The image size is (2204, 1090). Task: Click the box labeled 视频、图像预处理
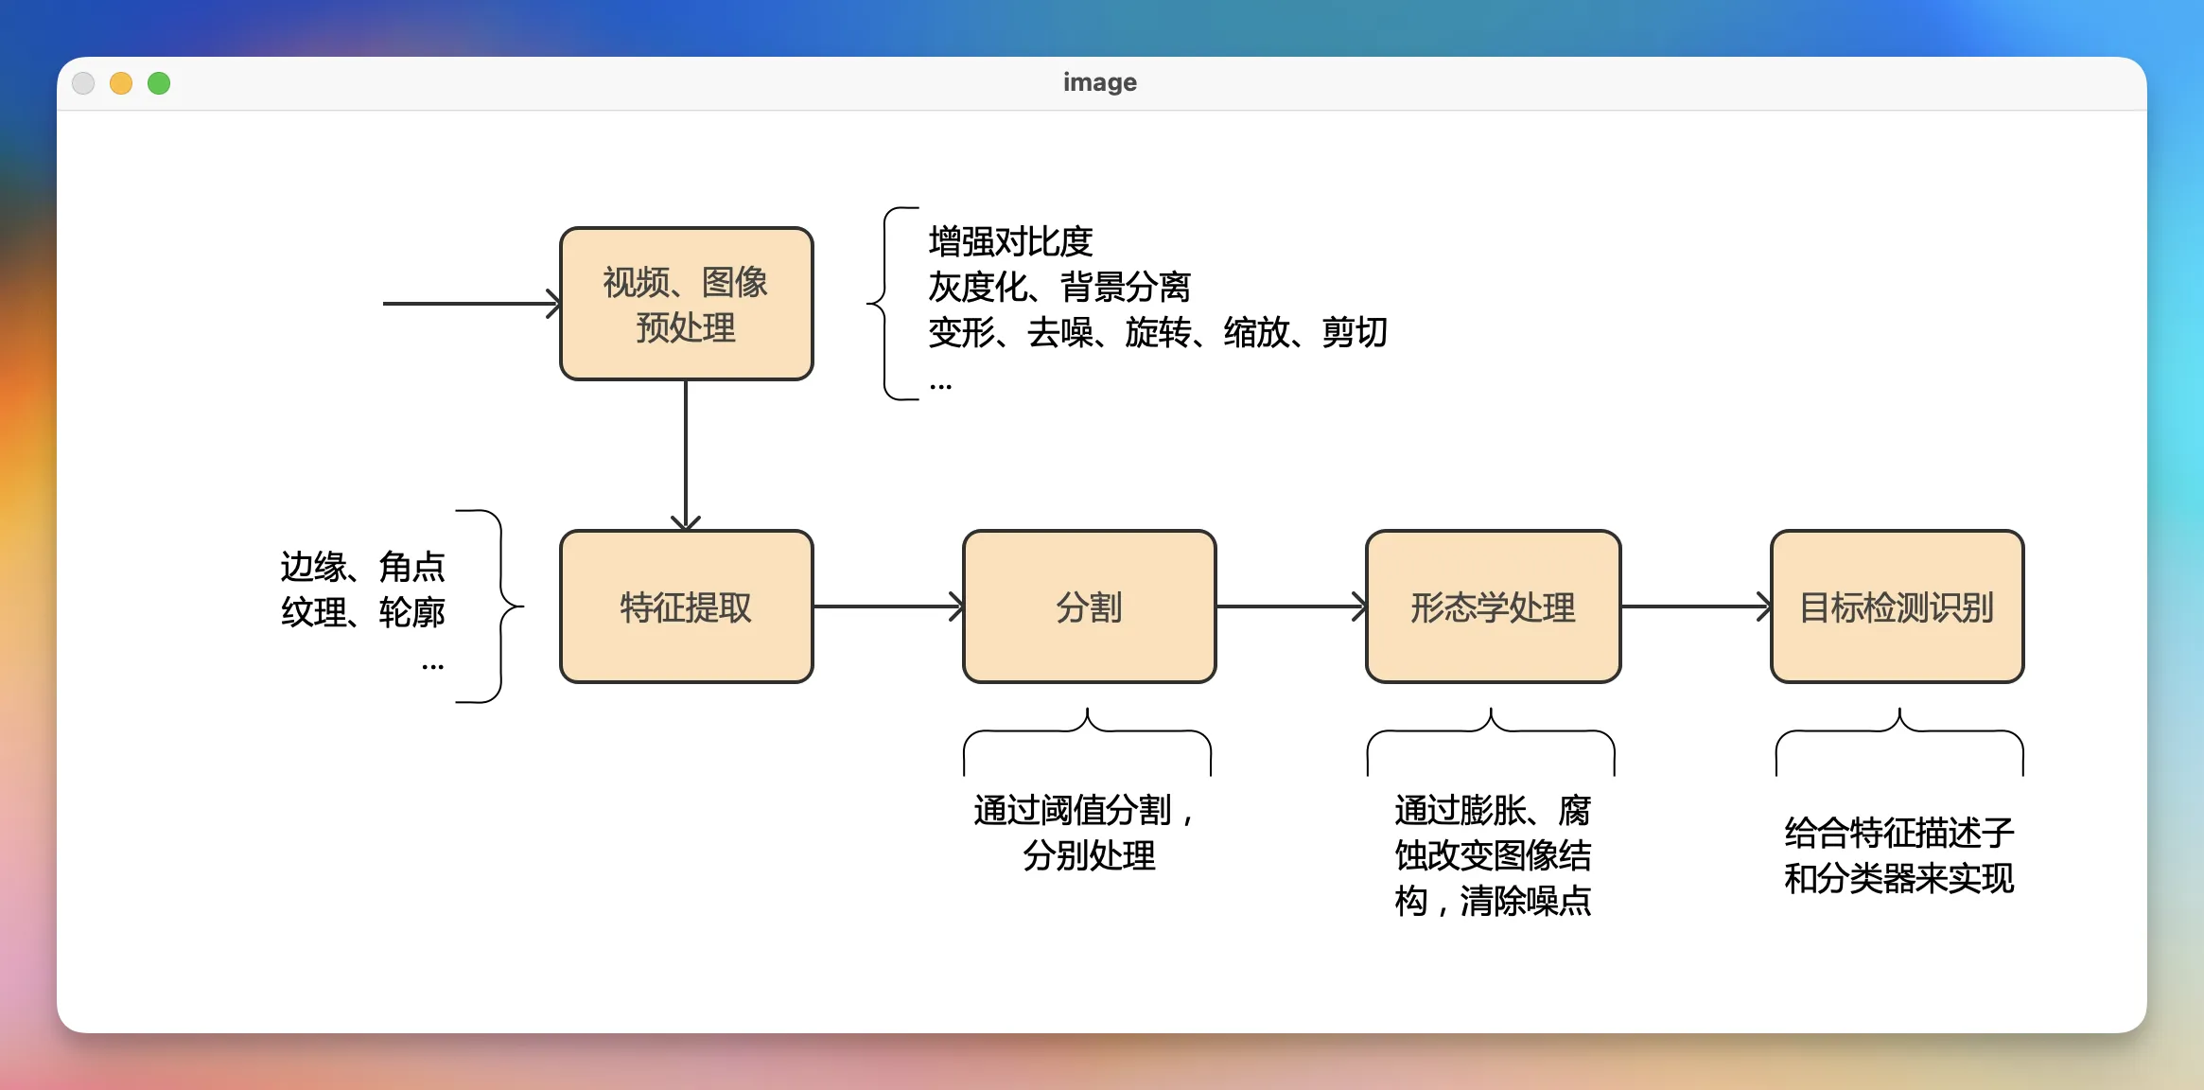click(x=686, y=304)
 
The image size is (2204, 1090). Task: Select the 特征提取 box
click(x=686, y=607)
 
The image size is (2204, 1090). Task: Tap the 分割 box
click(x=1089, y=607)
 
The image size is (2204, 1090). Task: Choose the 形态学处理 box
click(x=1493, y=607)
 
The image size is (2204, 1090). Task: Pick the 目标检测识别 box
click(x=1897, y=607)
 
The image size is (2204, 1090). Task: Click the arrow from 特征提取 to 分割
click(x=887, y=607)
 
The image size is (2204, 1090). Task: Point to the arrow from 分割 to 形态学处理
click(x=1290, y=607)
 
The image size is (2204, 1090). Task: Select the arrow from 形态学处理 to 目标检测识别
click(x=1695, y=607)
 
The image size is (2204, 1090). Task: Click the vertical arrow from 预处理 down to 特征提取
click(x=686, y=454)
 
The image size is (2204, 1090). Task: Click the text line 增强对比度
click(x=1010, y=242)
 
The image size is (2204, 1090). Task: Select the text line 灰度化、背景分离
click(x=1058, y=287)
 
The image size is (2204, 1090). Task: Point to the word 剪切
click(x=1354, y=332)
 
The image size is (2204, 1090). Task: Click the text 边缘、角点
click(x=362, y=567)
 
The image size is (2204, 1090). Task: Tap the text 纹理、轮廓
click(x=362, y=612)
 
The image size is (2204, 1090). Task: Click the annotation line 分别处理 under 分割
click(x=1089, y=855)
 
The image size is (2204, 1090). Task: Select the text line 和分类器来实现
click(x=1898, y=878)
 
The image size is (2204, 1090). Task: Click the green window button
click(x=159, y=83)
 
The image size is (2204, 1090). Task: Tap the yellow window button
click(x=121, y=83)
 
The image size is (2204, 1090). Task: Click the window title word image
click(x=1099, y=82)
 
